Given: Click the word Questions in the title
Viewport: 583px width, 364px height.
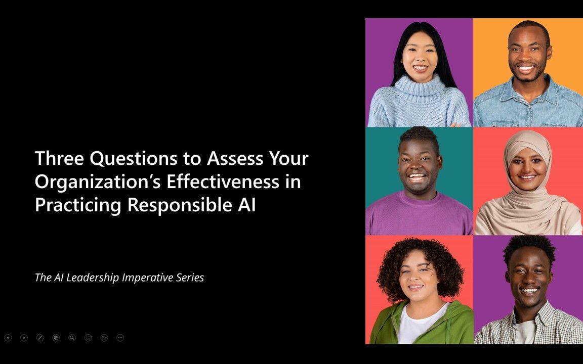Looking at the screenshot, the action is (134, 159).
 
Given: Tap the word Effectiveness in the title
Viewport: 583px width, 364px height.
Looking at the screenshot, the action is (223, 181).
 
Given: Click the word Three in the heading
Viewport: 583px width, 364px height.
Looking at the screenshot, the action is (59, 158).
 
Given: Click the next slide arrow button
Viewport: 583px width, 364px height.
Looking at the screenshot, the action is (24, 338).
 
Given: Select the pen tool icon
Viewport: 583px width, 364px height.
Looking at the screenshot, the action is (40, 338).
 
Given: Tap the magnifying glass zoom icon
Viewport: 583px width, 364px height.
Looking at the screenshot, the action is (72, 338).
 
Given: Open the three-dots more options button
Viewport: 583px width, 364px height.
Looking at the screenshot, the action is (120, 338).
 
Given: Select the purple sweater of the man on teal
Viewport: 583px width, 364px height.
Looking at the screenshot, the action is (419, 215).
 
